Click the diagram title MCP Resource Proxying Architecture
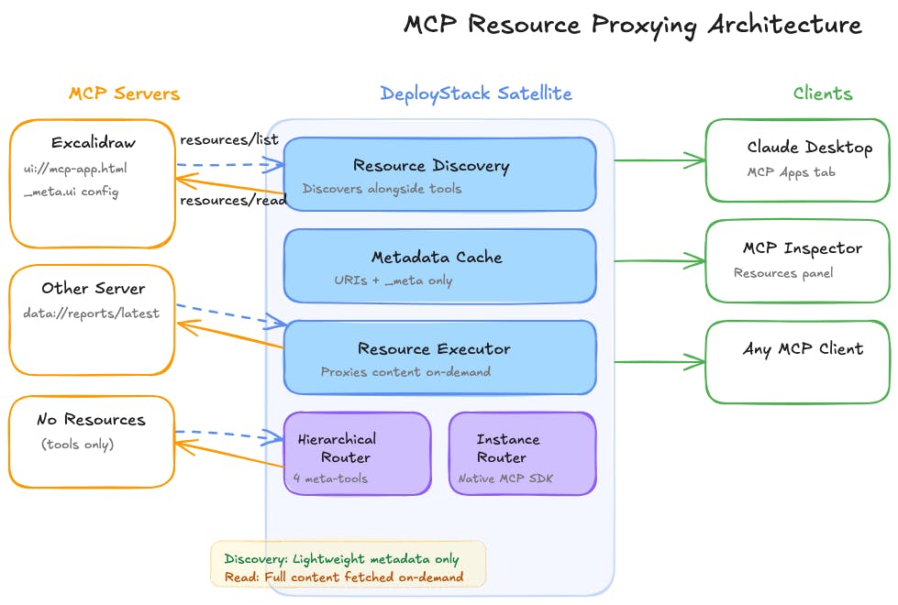pyautogui.click(x=633, y=24)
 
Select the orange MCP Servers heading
pyautogui.click(x=124, y=93)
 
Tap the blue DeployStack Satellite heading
pyautogui.click(x=476, y=93)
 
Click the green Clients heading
pyautogui.click(x=822, y=93)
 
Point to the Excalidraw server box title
pyautogui.click(x=92, y=144)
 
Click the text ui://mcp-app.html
pyautogui.click(x=75, y=169)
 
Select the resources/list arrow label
pyautogui.click(x=228, y=139)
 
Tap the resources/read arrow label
pyautogui.click(x=233, y=201)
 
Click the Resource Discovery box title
pyautogui.click(x=430, y=166)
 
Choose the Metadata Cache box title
pyautogui.click(x=437, y=257)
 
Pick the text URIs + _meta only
pyautogui.click(x=394, y=280)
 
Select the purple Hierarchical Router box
pyautogui.click(x=357, y=453)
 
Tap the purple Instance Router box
pyautogui.click(x=522, y=453)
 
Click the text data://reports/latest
pyautogui.click(x=92, y=313)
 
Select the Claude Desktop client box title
pyautogui.click(x=809, y=147)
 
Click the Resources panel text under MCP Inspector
pyautogui.click(x=783, y=272)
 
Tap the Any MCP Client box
pyautogui.click(x=796, y=361)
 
